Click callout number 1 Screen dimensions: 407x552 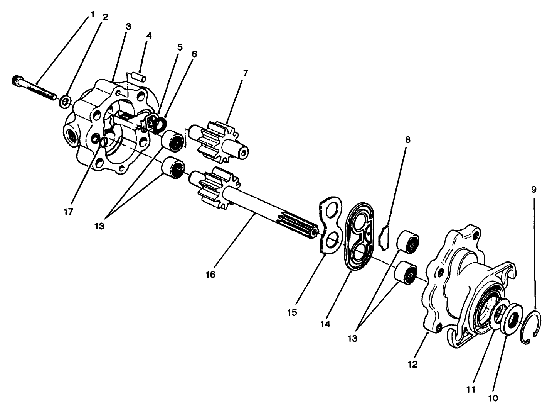click(x=92, y=14)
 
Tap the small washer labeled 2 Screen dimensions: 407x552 click(x=65, y=102)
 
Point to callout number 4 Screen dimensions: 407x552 click(x=149, y=36)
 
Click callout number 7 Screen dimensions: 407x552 click(x=246, y=73)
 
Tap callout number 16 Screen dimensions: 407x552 click(x=210, y=275)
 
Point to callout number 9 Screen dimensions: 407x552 click(x=534, y=190)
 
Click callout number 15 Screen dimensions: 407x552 click(x=292, y=312)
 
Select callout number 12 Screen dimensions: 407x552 click(x=413, y=364)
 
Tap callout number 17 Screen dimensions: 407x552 click(x=69, y=212)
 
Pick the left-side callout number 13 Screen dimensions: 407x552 click(x=99, y=226)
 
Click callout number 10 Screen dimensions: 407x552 click(x=494, y=397)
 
